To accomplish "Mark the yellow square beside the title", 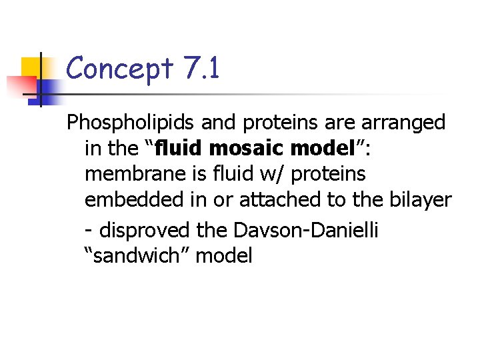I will (x=35, y=69).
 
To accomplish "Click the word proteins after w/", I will (x=329, y=174).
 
